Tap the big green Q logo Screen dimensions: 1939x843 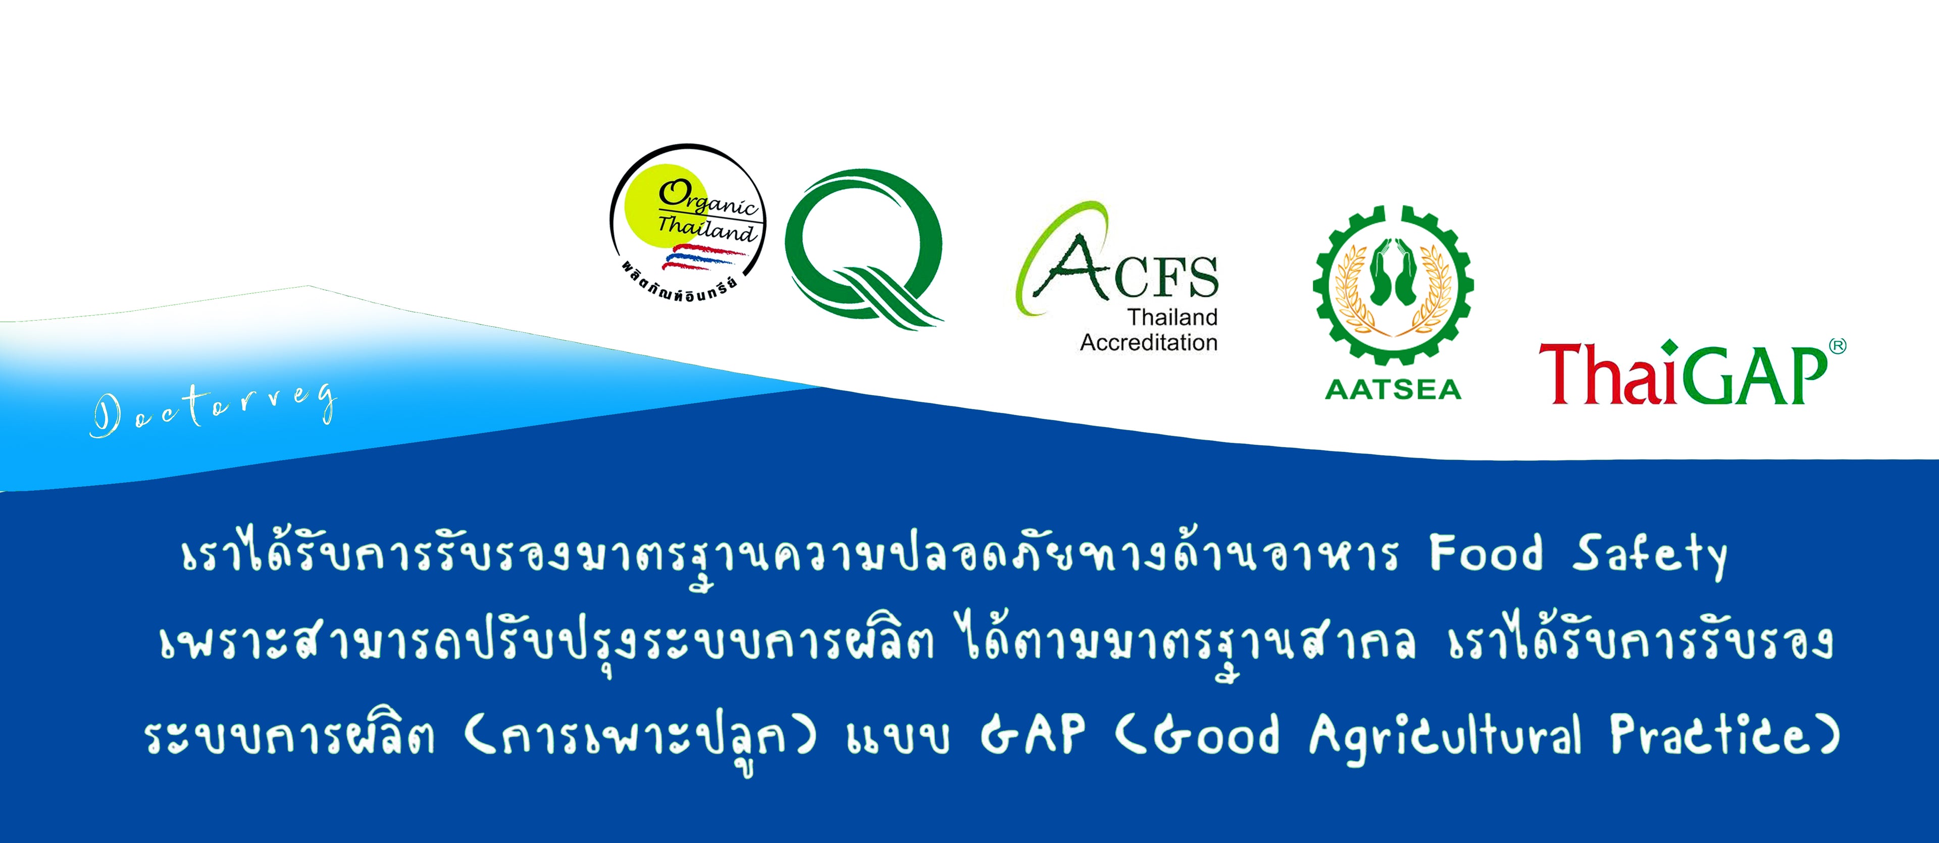863,245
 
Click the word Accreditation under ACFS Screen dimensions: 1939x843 1149,342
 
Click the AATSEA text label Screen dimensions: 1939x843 1393,389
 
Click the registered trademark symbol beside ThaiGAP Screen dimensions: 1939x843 1838,346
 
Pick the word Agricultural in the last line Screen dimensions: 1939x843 1445,737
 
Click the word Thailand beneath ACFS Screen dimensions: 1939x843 1172,317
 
